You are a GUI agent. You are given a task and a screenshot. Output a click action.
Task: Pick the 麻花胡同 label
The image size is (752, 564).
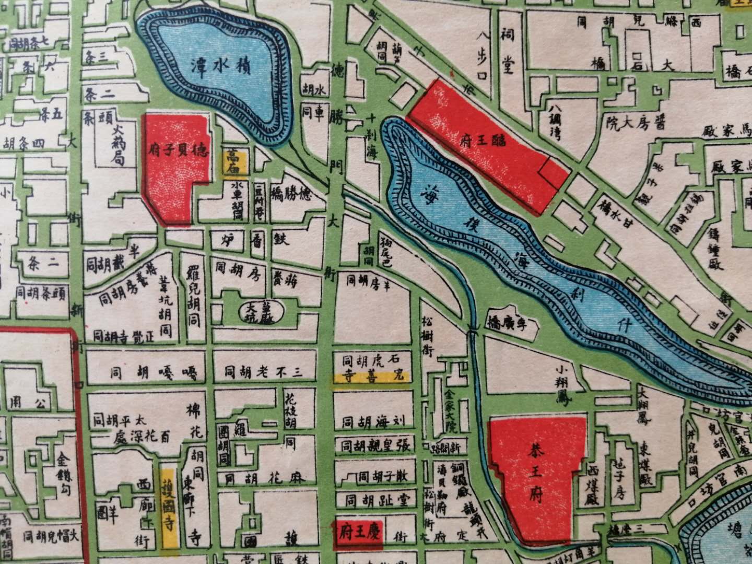click(x=264, y=478)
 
